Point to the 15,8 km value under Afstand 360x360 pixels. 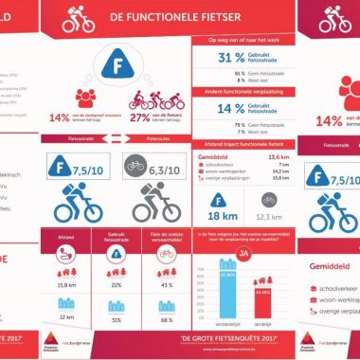pyautogui.click(x=67, y=283)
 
